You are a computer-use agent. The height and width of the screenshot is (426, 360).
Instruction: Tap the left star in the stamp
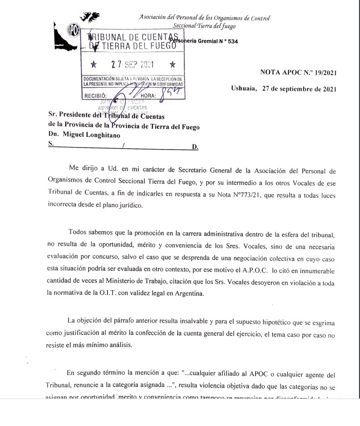point(94,64)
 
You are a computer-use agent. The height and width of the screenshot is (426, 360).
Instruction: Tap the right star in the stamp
point(171,64)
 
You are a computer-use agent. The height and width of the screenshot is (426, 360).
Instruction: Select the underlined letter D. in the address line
point(195,146)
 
